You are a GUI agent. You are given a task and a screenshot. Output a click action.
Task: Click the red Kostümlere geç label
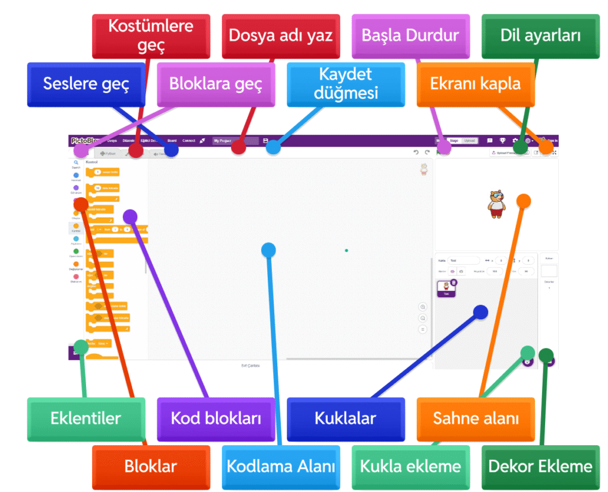pyautogui.click(x=151, y=36)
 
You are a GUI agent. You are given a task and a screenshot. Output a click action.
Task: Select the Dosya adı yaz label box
pyautogui.click(x=280, y=36)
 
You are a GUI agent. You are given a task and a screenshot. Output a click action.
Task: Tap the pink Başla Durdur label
pyautogui.click(x=410, y=36)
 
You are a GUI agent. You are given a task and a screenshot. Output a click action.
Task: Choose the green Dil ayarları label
pyautogui.click(x=540, y=36)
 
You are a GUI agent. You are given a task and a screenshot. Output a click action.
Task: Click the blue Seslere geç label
pyautogui.click(x=86, y=84)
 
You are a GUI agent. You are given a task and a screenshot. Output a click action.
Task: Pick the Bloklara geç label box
pyautogui.click(x=216, y=84)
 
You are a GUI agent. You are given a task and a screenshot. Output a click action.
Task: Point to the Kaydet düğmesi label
pyautogui.click(x=345, y=84)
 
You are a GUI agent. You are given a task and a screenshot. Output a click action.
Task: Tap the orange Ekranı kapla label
pyautogui.click(x=475, y=84)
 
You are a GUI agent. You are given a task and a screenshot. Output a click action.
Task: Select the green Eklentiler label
pyautogui.click(x=86, y=418)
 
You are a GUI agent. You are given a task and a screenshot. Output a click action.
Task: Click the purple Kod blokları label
pyautogui.click(x=216, y=418)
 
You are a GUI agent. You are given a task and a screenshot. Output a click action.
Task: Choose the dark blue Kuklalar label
pyautogui.click(x=345, y=418)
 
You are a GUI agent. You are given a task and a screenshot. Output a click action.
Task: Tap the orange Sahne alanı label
pyautogui.click(x=475, y=418)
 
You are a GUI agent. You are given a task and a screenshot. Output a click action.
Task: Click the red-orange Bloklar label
pyautogui.click(x=151, y=466)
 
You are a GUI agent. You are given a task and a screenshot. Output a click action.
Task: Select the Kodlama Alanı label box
pyautogui.click(x=280, y=466)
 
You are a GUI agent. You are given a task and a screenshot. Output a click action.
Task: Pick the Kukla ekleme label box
pyautogui.click(x=410, y=466)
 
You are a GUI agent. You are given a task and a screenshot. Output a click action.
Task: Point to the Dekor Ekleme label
pyautogui.click(x=540, y=466)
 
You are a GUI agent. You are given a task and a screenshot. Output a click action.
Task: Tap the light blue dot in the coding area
pyautogui.click(x=268, y=250)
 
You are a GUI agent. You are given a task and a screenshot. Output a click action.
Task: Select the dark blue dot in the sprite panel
pyautogui.click(x=480, y=312)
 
